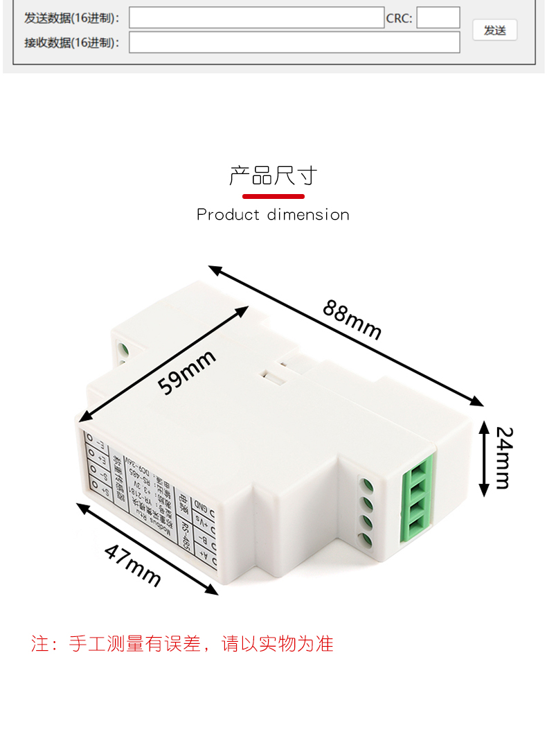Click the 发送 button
pyautogui.click(x=494, y=30)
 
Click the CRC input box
pyautogui.click(x=438, y=18)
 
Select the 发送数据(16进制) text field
pyautogui.click(x=256, y=18)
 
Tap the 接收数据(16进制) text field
pyautogui.click(x=294, y=42)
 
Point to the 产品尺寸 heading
pyautogui.click(x=273, y=176)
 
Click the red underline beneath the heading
pyautogui.click(x=273, y=196)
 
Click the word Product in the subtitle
pyautogui.click(x=228, y=215)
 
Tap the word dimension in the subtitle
pyautogui.click(x=308, y=215)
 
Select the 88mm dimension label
pyautogui.click(x=352, y=320)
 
